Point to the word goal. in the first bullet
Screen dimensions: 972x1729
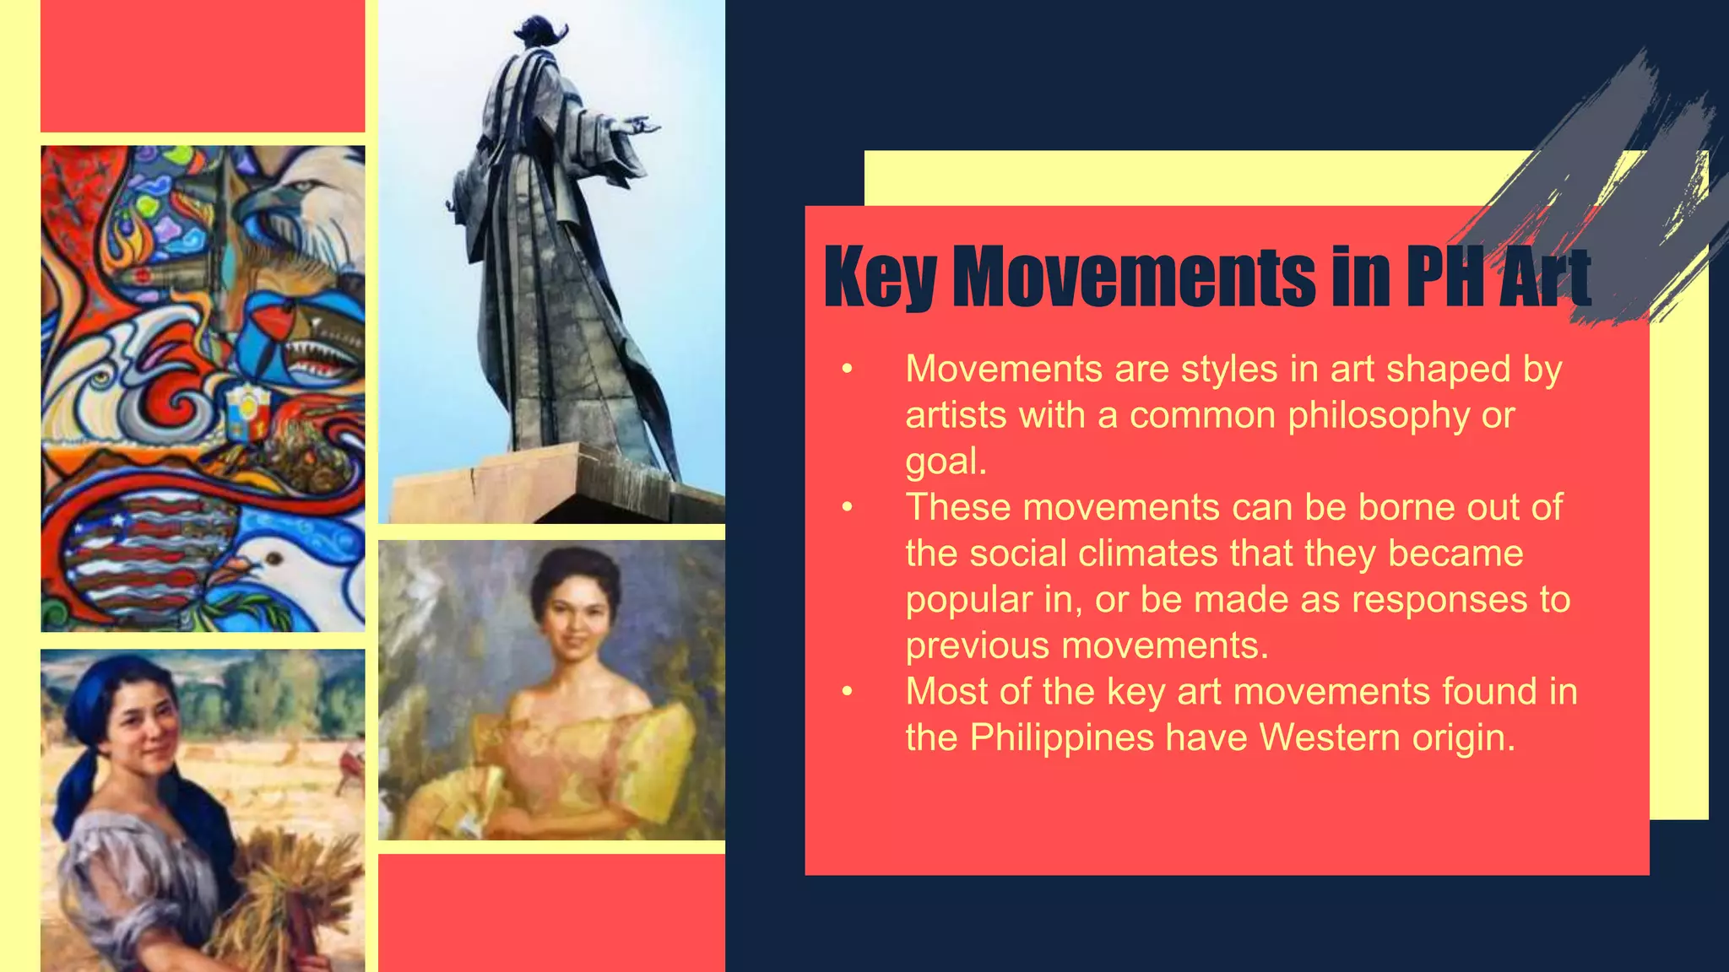(x=946, y=462)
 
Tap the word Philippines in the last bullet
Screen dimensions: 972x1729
(x=1061, y=738)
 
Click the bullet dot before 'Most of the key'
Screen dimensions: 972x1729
(x=848, y=692)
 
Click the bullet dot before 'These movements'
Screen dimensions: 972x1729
(x=848, y=508)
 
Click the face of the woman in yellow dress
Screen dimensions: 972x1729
(x=574, y=624)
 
